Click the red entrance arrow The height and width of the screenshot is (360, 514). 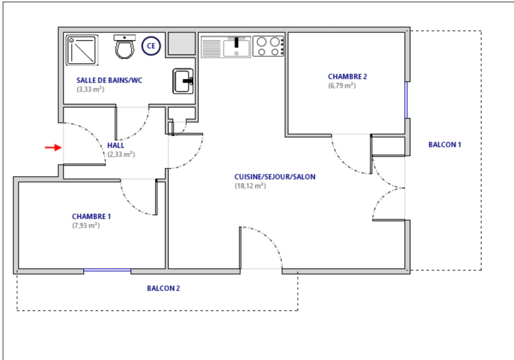pos(53,147)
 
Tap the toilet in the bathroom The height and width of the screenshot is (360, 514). pos(125,47)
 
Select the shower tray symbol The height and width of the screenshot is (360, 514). pos(82,50)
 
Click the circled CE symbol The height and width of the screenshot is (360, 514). pos(151,46)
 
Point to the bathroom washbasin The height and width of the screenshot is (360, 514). pos(183,81)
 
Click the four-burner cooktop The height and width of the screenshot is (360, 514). pos(268,46)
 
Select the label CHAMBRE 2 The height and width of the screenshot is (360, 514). pos(347,77)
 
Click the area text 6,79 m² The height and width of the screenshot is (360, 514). pos(342,85)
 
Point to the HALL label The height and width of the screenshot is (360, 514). pos(116,145)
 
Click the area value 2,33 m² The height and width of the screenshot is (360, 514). pos(121,154)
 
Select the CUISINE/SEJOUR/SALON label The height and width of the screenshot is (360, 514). pos(275,177)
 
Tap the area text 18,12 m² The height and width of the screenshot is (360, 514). pos(250,186)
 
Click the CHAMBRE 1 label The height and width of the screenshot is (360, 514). pos(91,216)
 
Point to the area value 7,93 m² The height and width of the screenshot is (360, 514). pos(86,225)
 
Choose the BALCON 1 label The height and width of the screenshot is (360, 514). pos(445,145)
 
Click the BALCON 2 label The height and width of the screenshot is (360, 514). pos(164,288)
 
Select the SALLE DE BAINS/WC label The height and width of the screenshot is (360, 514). pos(109,80)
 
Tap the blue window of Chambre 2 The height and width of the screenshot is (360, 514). pos(406,100)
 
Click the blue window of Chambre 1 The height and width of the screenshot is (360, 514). pos(107,270)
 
